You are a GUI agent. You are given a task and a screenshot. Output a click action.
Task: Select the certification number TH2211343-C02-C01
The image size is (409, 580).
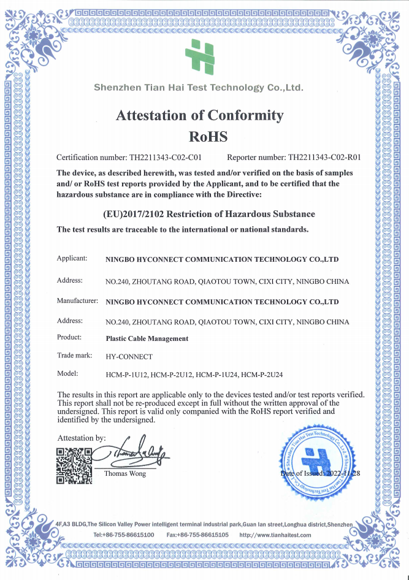click(x=169, y=157)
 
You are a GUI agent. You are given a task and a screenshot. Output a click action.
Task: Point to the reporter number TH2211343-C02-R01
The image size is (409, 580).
click(x=324, y=157)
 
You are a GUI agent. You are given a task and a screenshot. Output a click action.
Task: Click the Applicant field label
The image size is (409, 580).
click(x=72, y=259)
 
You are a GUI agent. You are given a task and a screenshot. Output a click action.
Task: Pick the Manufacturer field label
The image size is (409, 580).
click(x=77, y=301)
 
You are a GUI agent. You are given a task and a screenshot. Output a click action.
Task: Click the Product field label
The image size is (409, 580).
click(x=69, y=337)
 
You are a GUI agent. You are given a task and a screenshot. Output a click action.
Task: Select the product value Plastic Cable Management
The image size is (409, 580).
click(x=147, y=338)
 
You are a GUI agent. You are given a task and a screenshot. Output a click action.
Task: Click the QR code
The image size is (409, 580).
click(x=74, y=466)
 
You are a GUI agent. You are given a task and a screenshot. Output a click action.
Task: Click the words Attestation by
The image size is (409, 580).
click(x=81, y=438)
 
